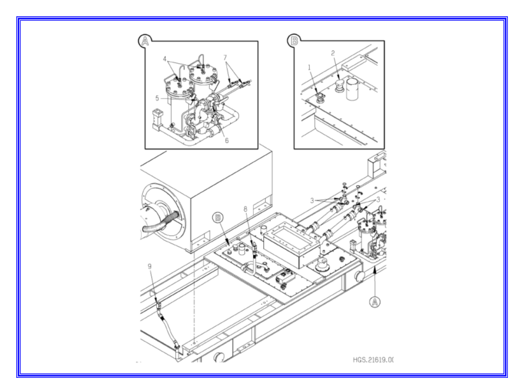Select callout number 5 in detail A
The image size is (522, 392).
[157, 99]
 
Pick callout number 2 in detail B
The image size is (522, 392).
[333, 53]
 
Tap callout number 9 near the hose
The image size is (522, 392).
[150, 266]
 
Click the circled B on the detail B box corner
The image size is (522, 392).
[294, 40]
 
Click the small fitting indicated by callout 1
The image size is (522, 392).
[319, 96]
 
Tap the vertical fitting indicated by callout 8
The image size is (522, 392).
[254, 251]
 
